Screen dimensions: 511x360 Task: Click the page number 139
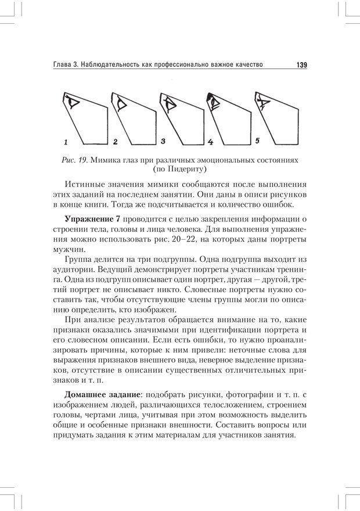click(x=301, y=66)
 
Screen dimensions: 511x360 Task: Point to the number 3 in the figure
click(x=163, y=141)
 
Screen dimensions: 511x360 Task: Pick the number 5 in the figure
click(x=257, y=141)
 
